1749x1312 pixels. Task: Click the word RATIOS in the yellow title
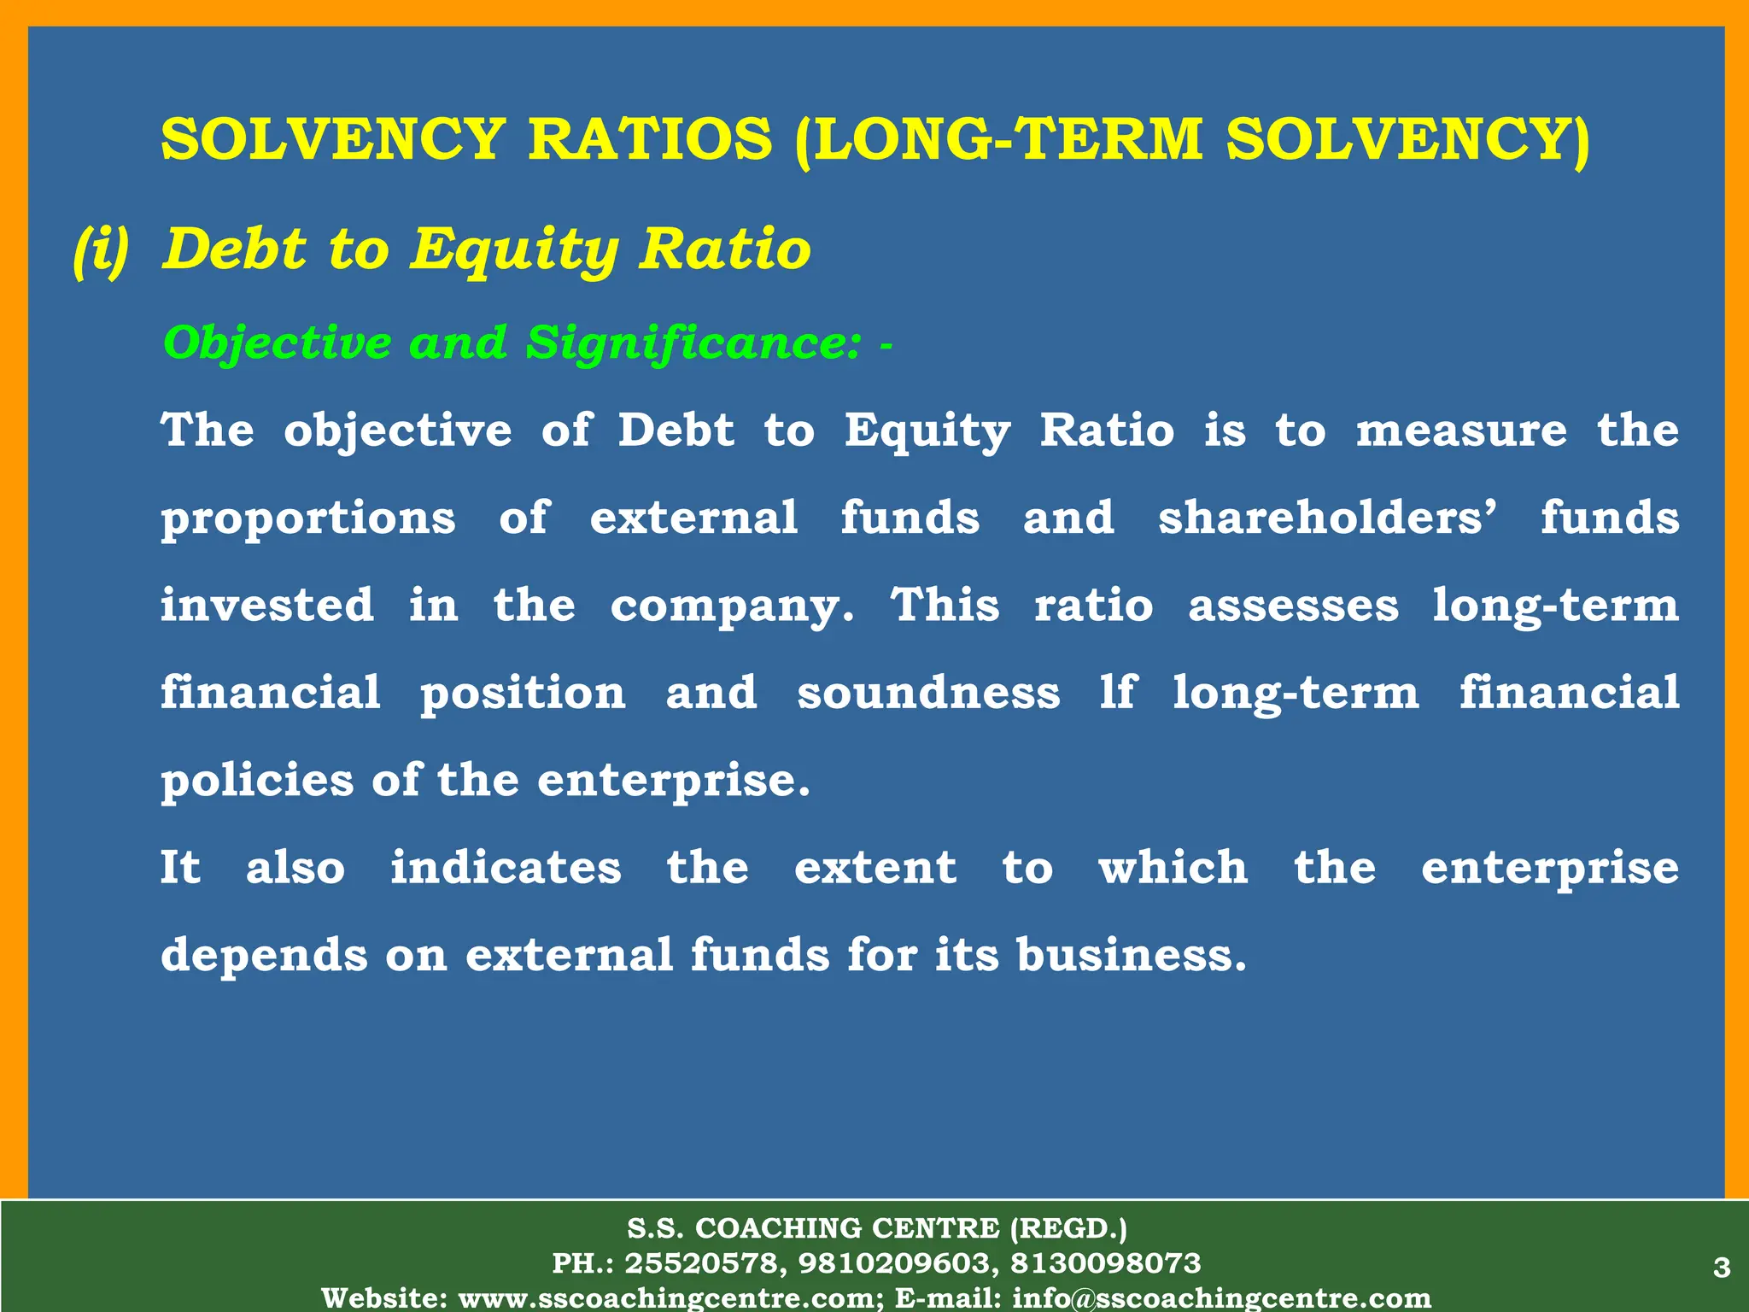pos(650,139)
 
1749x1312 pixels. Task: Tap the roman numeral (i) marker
pos(102,249)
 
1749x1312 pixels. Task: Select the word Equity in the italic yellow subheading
pos(514,249)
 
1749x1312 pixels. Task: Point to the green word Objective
pos(277,343)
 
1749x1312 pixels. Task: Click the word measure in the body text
pos(1461,430)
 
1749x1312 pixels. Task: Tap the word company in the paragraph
pos(731,606)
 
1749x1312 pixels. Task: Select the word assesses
pos(1293,605)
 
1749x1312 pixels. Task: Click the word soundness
pos(928,693)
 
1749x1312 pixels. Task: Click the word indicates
pos(506,868)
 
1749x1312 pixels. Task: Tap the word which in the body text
pos(1173,868)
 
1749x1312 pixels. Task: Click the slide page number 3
pos(1722,1268)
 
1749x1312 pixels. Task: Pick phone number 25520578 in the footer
pos(703,1263)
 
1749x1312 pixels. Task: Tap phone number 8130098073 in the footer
pos(1106,1263)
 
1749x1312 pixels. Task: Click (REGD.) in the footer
pos(1068,1228)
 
